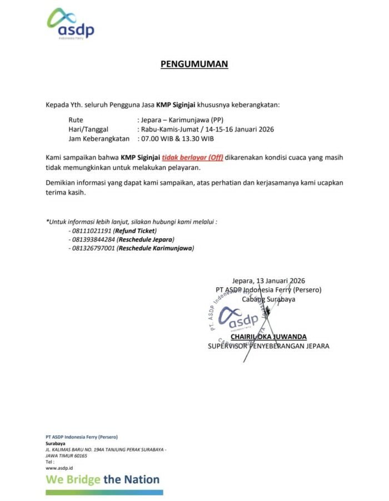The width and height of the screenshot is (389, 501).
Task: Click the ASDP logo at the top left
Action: (70, 24)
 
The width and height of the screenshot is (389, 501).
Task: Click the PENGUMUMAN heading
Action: (194, 64)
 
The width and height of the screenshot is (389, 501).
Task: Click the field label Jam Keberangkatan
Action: (99, 138)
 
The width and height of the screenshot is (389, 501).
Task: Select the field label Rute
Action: (76, 119)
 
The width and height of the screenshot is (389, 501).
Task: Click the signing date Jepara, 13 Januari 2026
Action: (269, 281)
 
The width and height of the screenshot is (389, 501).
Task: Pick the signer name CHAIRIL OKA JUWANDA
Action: (268, 337)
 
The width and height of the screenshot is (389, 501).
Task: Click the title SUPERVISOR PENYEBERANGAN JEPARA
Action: (268, 346)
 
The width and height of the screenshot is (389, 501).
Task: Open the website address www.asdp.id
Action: (59, 468)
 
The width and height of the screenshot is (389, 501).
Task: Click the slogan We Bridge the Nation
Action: (103, 479)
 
